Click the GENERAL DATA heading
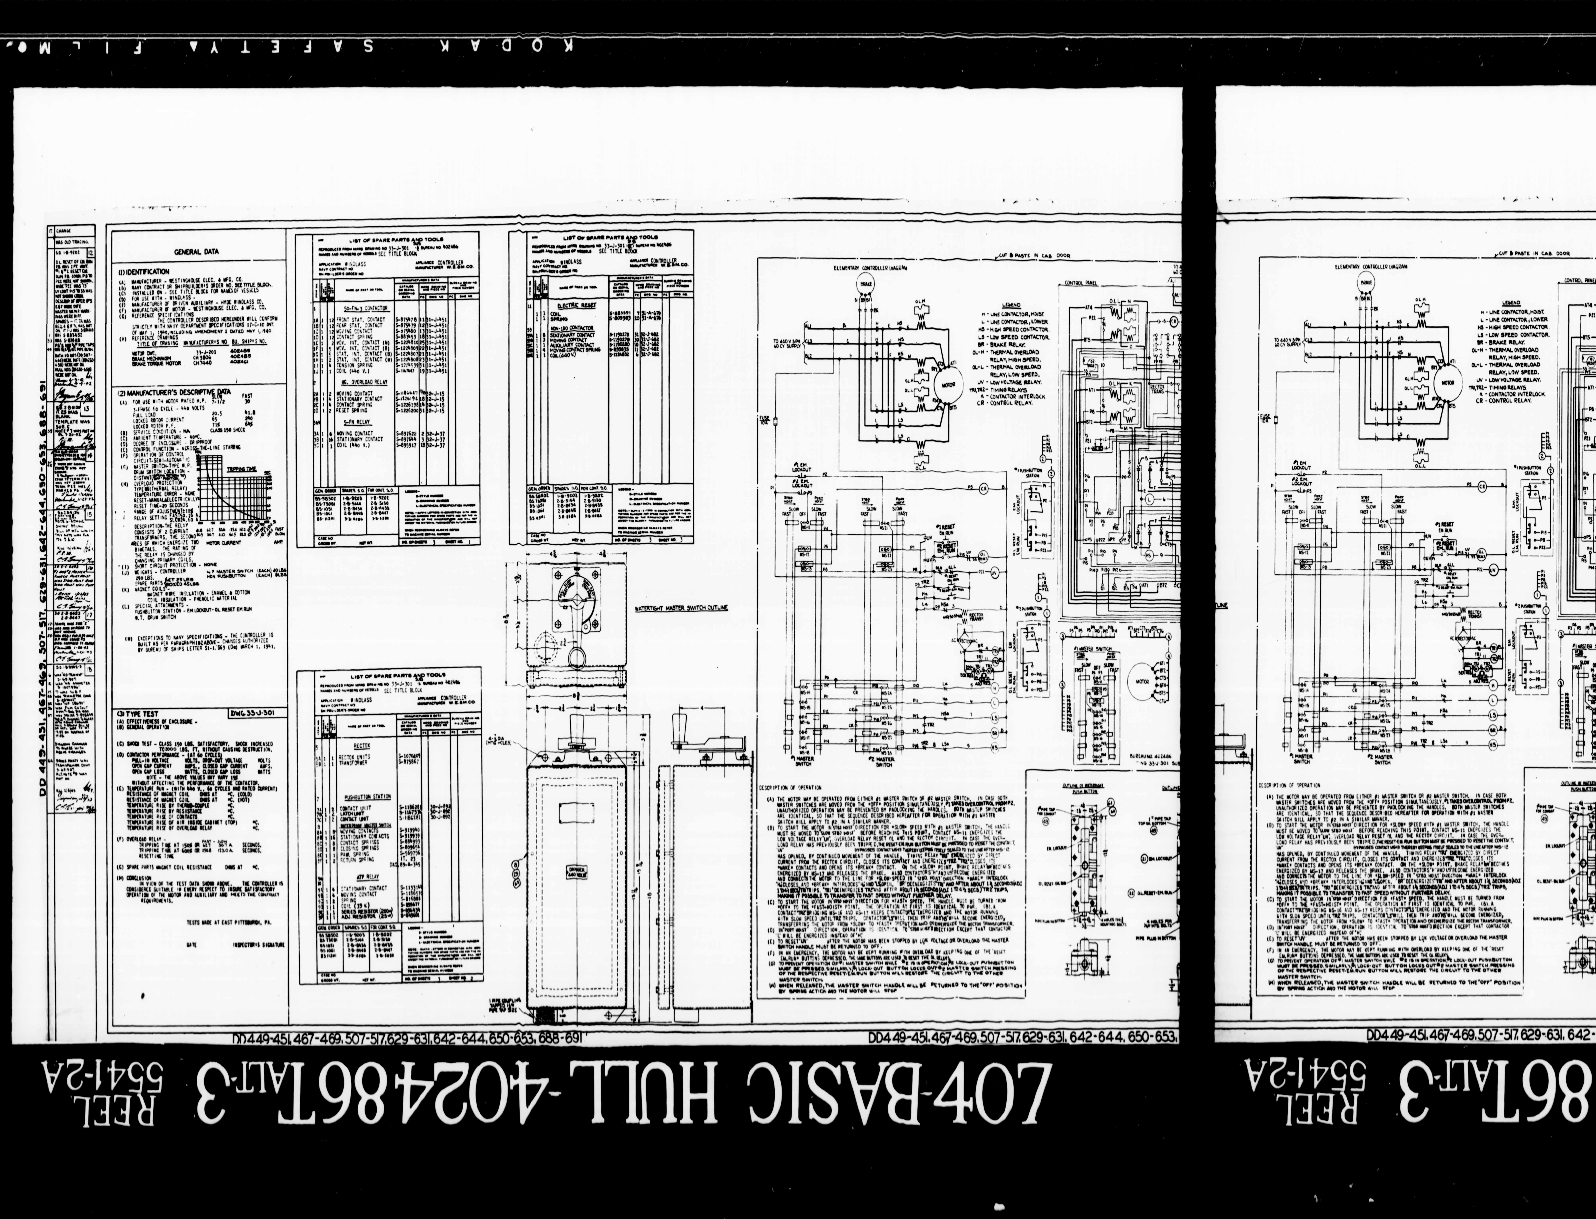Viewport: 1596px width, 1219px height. (196, 252)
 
